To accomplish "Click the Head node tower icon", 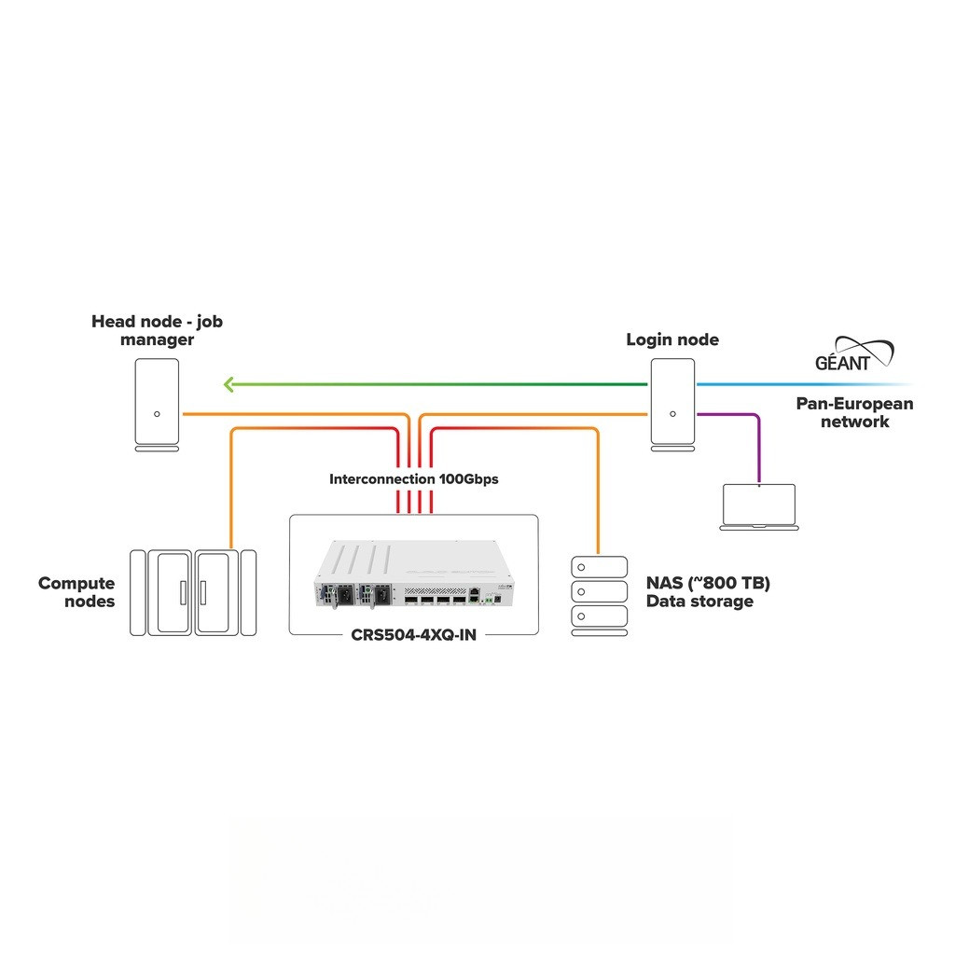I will coord(157,402).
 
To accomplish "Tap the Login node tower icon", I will coord(671,402).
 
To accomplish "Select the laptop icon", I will coord(758,506).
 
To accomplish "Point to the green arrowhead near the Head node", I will coord(228,383).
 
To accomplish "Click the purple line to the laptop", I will coord(757,438).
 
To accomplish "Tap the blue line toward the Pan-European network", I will coord(802,383).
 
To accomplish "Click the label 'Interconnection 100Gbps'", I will coord(413,479).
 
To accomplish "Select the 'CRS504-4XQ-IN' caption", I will coord(413,635).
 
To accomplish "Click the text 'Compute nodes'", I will coord(76,592).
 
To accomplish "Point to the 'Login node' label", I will coord(672,339).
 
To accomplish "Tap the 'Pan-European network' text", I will coord(854,412).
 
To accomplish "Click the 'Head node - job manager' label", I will coord(157,330).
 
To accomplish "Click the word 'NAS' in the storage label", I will coord(665,584).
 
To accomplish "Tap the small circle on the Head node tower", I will coord(157,414).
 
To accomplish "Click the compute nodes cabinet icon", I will coord(193,592).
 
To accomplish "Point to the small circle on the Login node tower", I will coord(671,414).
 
